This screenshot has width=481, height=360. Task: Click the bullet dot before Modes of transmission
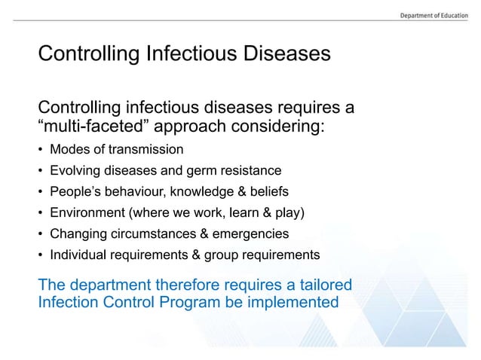point(41,148)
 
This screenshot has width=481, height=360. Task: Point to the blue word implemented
point(297,303)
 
